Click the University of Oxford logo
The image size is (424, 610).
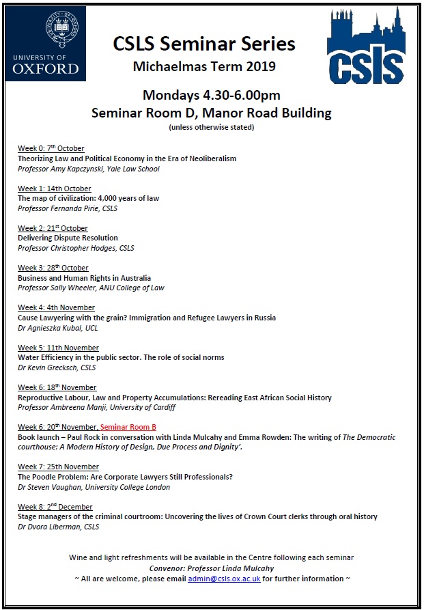(46, 43)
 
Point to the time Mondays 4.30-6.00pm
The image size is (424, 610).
(212, 95)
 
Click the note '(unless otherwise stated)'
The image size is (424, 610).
(212, 127)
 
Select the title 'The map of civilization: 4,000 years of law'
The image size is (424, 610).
(88, 198)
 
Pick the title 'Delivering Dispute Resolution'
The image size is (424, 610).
(68, 238)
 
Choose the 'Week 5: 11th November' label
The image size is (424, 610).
(58, 348)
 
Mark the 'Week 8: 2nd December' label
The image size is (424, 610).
(55, 507)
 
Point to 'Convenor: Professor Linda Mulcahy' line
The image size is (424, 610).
(212, 568)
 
